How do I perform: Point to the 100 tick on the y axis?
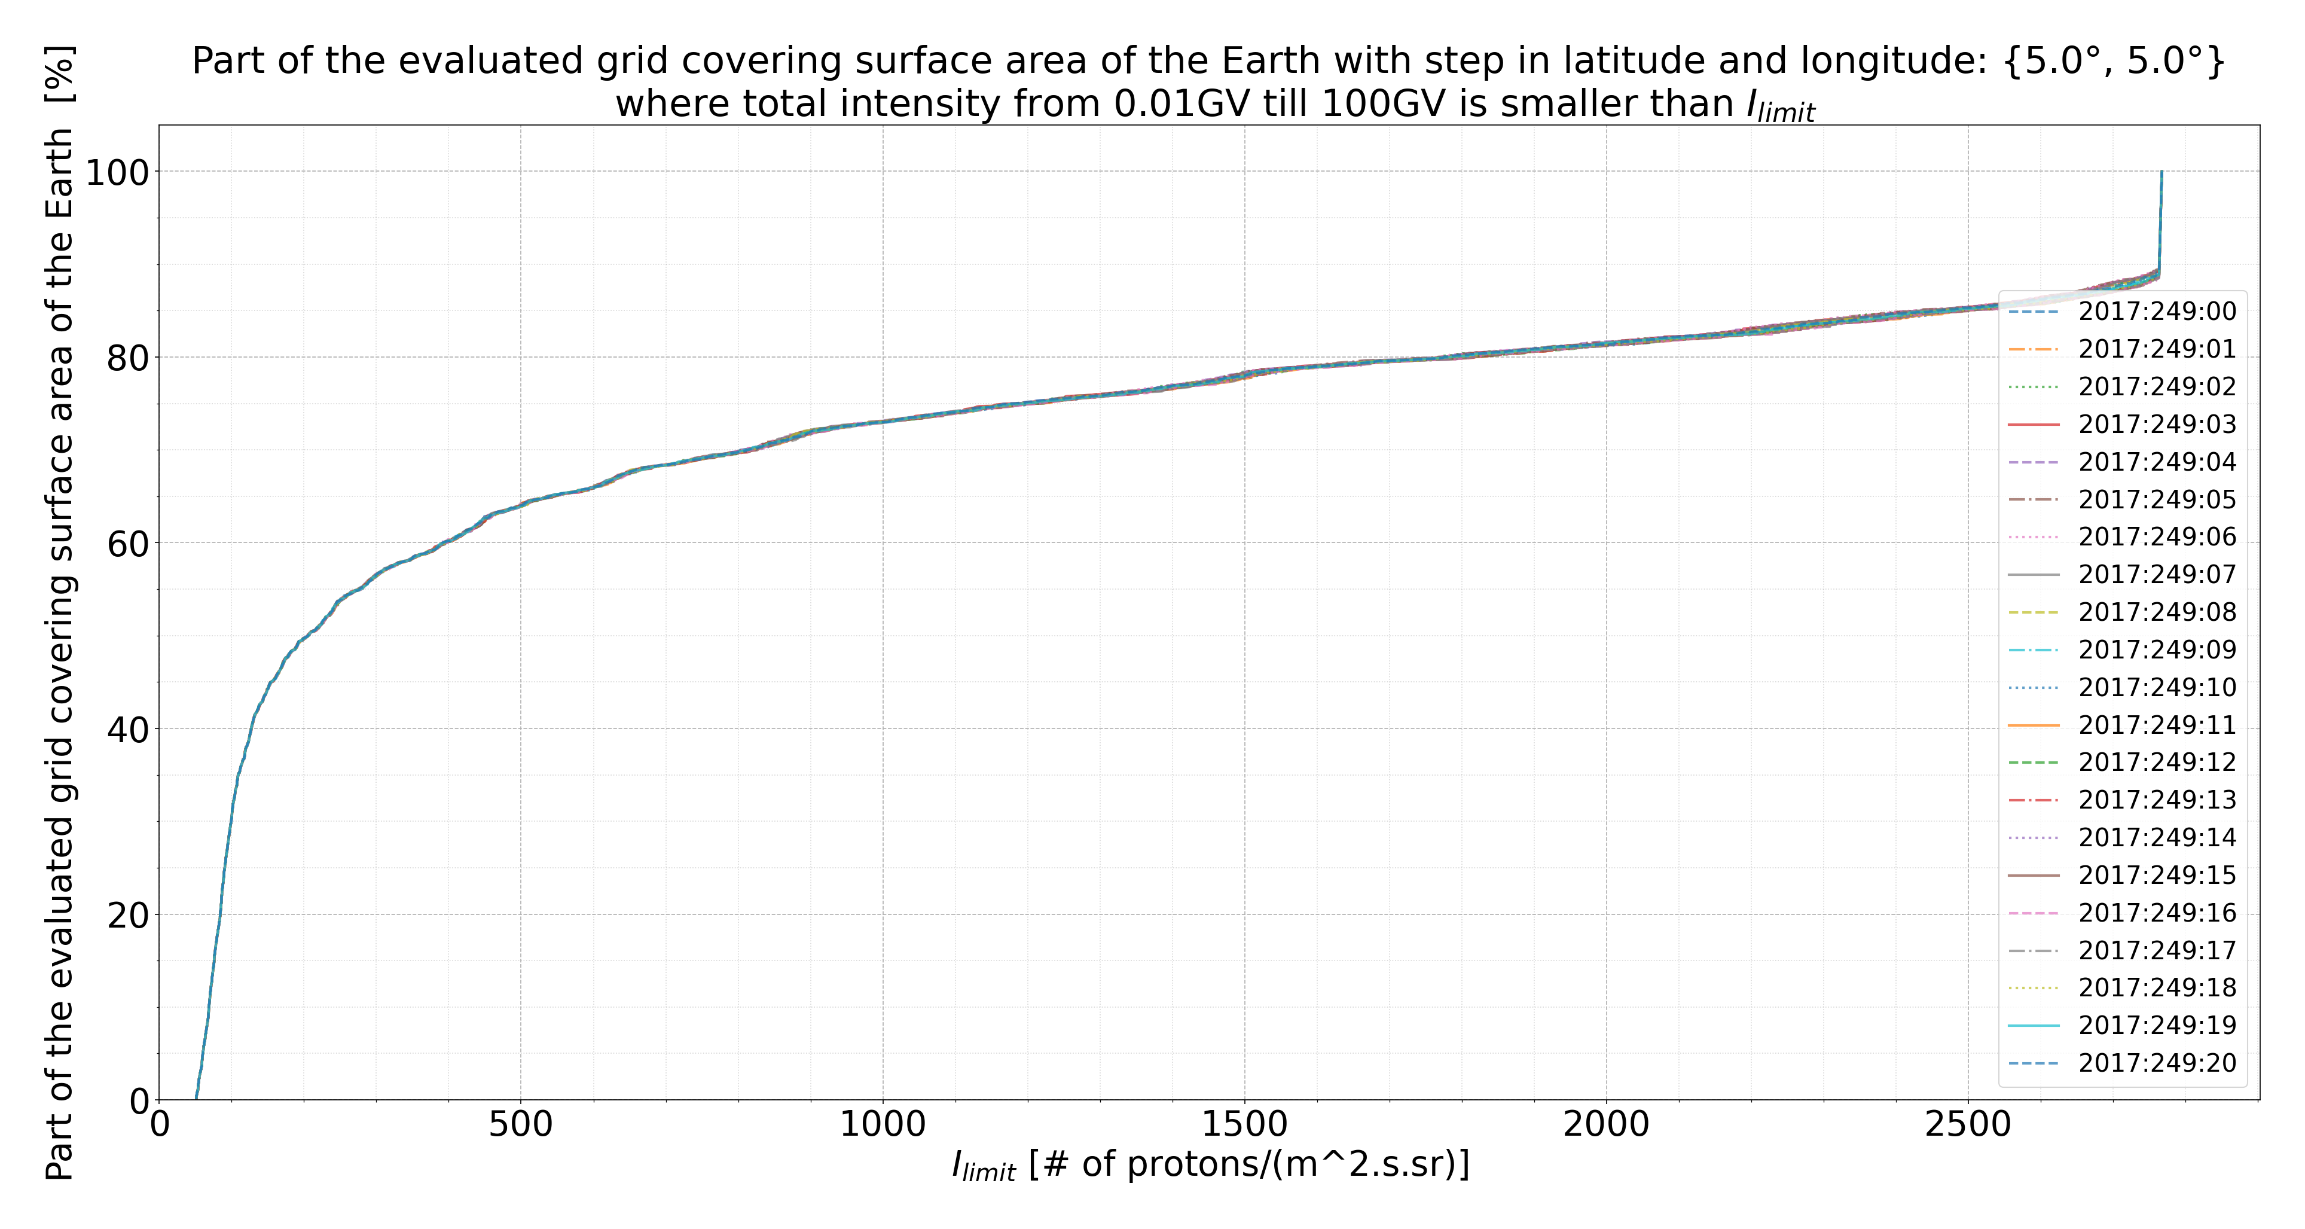[x=117, y=172]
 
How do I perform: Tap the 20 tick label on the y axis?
[x=128, y=915]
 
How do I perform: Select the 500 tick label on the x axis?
[x=521, y=1125]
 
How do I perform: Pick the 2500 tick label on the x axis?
[x=1968, y=1125]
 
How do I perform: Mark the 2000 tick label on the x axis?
[x=1606, y=1125]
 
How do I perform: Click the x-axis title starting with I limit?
[x=1210, y=1164]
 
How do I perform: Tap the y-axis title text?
[x=61, y=613]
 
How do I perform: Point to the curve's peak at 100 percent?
[x=2162, y=171]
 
